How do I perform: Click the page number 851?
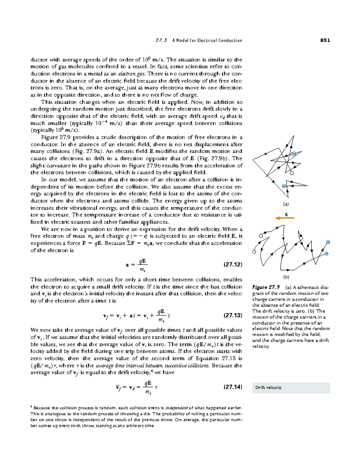(x=325, y=40)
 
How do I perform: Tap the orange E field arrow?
(x=285, y=218)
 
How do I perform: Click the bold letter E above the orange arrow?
(x=286, y=214)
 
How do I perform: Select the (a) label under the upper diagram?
(x=286, y=204)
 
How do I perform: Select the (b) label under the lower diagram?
(x=286, y=277)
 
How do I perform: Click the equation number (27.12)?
(x=233, y=265)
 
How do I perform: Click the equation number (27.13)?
(x=233, y=315)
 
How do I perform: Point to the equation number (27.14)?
(x=233, y=387)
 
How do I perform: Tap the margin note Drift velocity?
(x=268, y=387)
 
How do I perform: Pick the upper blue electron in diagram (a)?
(x=294, y=154)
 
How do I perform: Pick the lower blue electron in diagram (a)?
(x=284, y=186)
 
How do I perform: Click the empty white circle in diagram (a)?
(x=292, y=173)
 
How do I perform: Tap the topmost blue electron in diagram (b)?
(x=328, y=242)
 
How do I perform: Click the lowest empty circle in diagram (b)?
(x=254, y=252)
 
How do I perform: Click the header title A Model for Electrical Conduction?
(x=207, y=40)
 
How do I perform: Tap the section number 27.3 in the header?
(x=161, y=40)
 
